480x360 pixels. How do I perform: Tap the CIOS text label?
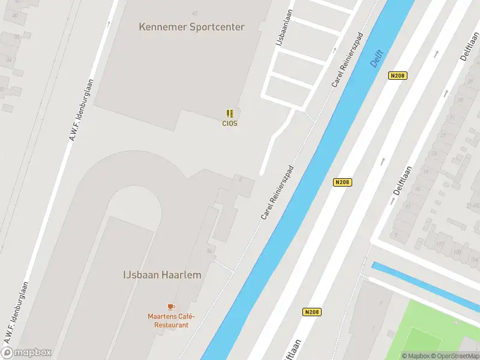tap(230, 124)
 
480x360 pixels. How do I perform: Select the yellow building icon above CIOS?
tap(230, 113)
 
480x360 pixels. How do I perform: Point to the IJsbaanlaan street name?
tap(280, 29)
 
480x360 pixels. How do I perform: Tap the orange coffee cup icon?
tap(170, 307)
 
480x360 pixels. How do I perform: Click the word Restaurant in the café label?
tap(172, 325)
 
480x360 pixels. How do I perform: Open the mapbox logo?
tap(27, 353)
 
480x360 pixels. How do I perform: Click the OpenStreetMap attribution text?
tap(455, 356)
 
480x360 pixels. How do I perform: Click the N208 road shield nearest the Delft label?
tap(397, 76)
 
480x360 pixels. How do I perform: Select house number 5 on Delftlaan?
tap(395, 235)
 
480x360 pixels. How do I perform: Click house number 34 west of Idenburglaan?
tap(9, 59)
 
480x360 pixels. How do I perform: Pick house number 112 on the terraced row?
tap(439, 245)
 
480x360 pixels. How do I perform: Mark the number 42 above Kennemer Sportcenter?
tap(194, 13)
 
